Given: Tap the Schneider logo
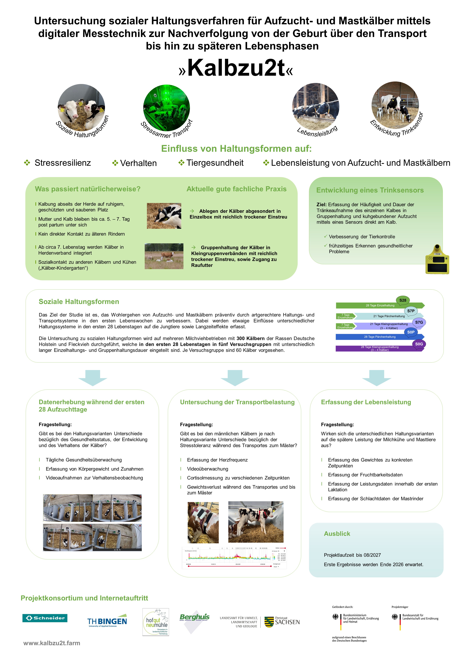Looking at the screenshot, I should (45, 618).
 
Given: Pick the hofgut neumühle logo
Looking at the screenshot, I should (156, 622).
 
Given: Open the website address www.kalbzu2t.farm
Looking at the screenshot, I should (52, 643).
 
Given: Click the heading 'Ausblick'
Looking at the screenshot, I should (337, 534).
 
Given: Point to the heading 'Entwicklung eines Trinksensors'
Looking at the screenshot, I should (370, 190).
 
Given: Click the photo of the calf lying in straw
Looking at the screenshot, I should (164, 216).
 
